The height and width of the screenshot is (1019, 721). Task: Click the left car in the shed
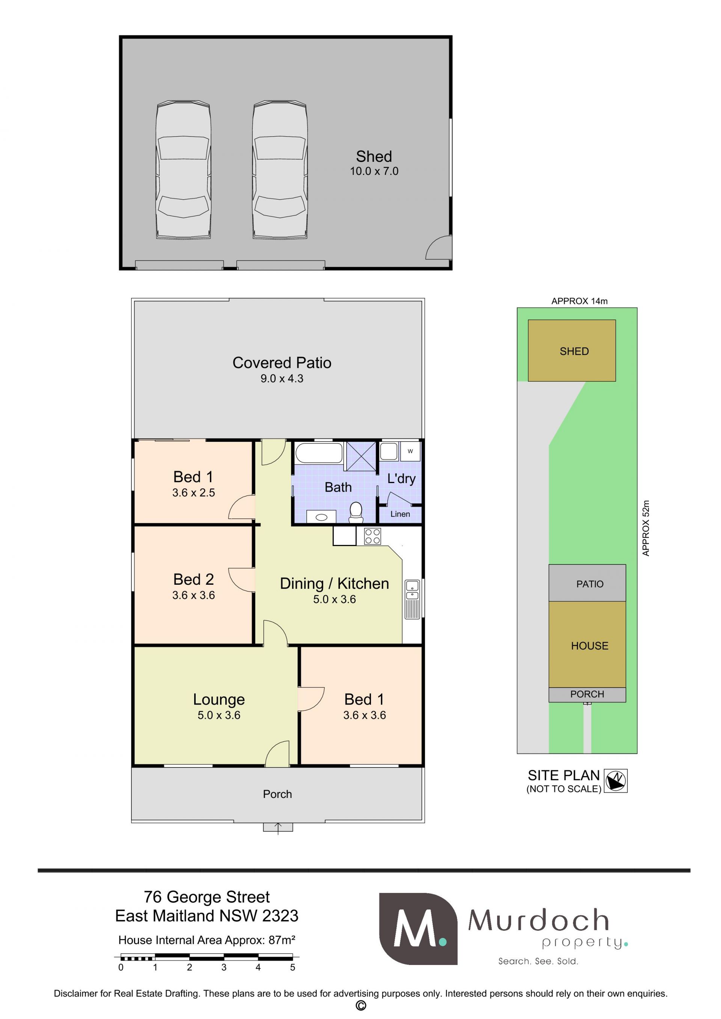(183, 170)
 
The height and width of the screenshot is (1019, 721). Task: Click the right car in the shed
(280, 170)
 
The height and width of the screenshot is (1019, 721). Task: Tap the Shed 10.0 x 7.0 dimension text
(374, 171)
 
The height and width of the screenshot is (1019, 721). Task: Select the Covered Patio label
(282, 363)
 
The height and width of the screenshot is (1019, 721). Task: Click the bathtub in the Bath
(319, 453)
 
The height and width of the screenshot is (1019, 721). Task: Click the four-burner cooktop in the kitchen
(372, 536)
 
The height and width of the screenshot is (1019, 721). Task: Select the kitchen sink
(412, 599)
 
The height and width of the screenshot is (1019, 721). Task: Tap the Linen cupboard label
(400, 514)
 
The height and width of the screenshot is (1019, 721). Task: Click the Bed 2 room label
(193, 579)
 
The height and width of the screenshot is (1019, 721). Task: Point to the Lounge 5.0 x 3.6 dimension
(219, 715)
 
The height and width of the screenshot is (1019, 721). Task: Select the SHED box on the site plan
(572, 351)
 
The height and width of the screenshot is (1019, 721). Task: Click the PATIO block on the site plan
(587, 583)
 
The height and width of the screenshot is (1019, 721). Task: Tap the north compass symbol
(616, 781)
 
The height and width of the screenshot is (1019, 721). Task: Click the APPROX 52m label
(646, 528)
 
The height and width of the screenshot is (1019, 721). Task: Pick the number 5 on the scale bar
(293, 967)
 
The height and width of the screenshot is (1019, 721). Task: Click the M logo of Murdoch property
(418, 929)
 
